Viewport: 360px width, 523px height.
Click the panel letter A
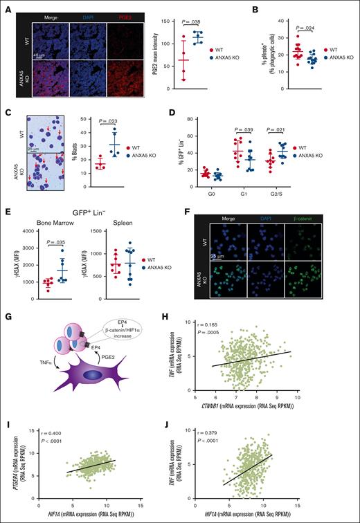pyautogui.click(x=8, y=8)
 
